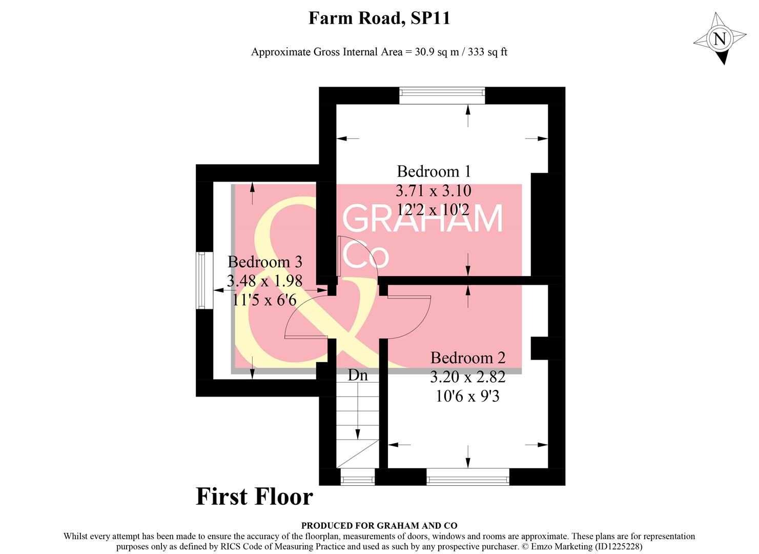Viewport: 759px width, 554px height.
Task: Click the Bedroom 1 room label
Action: [434, 171]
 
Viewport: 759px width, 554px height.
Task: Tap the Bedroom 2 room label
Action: [467, 358]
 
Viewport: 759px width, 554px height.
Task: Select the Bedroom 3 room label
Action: [265, 262]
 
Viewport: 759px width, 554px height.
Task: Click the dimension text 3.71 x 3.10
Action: [434, 191]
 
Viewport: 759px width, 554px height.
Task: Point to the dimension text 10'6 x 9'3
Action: [467, 396]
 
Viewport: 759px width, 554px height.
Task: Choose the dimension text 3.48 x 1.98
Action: [265, 281]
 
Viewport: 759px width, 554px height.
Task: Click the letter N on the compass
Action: [720, 39]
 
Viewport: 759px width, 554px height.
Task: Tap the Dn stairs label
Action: [358, 375]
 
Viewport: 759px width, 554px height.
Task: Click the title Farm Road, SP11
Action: [379, 18]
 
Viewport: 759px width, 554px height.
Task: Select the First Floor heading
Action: [254, 497]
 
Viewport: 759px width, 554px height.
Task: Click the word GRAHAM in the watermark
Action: [423, 220]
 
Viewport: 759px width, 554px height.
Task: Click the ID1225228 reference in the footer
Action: [619, 546]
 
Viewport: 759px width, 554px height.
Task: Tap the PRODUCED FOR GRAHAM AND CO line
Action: [379, 525]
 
